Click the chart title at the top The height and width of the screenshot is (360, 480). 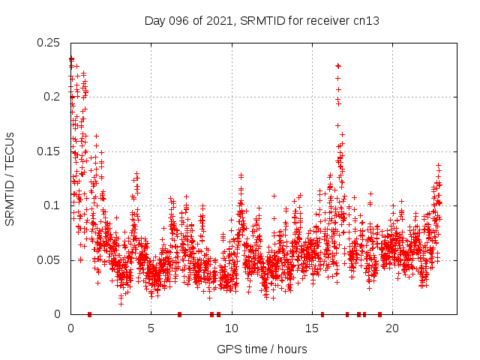262,20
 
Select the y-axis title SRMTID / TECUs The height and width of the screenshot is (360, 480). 10,178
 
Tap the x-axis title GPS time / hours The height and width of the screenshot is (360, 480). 262,349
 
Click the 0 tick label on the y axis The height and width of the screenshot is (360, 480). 58,314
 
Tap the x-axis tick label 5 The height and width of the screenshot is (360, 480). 151,328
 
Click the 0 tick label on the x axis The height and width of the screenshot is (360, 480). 70,328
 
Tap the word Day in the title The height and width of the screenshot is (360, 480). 154,20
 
